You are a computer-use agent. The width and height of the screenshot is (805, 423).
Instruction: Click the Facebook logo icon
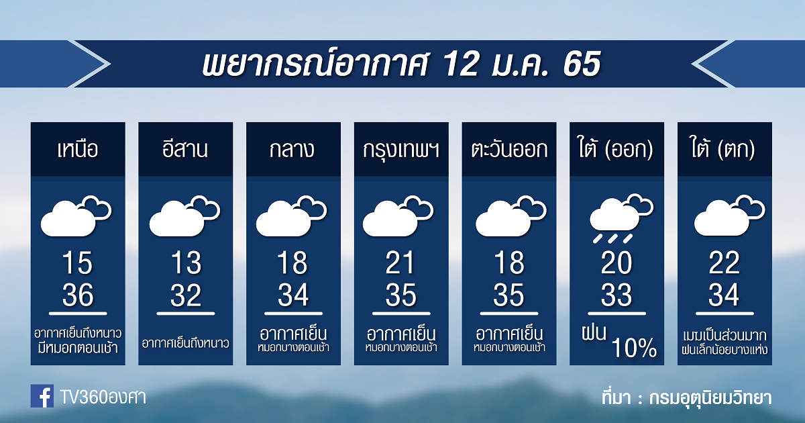(x=42, y=396)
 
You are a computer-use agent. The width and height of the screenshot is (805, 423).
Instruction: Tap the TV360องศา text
(x=103, y=397)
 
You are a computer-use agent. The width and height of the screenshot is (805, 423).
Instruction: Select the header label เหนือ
(x=78, y=149)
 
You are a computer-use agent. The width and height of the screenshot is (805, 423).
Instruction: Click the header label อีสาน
(x=185, y=148)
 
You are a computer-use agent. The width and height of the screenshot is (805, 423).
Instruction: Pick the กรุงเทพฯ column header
(x=401, y=150)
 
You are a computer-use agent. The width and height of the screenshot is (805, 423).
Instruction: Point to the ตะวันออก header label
(x=509, y=149)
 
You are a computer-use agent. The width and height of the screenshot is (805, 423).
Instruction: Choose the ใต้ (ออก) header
(x=616, y=148)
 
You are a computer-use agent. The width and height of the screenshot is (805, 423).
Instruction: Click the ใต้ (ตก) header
(x=724, y=148)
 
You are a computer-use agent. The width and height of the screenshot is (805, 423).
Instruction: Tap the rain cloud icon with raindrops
(x=621, y=218)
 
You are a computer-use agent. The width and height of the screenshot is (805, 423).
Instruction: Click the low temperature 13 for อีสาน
(x=186, y=263)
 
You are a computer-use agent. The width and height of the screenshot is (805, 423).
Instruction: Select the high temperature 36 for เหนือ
(x=78, y=295)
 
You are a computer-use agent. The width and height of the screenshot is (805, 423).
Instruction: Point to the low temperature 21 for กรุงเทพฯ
(x=400, y=263)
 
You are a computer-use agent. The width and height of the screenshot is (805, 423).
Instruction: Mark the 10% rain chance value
(x=633, y=348)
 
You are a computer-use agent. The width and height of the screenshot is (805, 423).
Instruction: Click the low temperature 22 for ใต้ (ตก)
(x=724, y=263)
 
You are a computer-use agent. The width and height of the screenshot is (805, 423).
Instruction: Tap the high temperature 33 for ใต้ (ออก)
(x=616, y=295)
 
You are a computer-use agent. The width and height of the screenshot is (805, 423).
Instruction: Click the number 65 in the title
(x=582, y=64)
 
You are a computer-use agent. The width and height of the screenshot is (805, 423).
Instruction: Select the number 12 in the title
(x=462, y=64)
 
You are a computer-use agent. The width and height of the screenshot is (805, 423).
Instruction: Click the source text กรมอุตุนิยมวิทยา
(x=710, y=397)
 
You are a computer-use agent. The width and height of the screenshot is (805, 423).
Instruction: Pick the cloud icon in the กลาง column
(x=291, y=216)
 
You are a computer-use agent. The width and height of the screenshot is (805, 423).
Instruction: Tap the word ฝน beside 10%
(x=594, y=333)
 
